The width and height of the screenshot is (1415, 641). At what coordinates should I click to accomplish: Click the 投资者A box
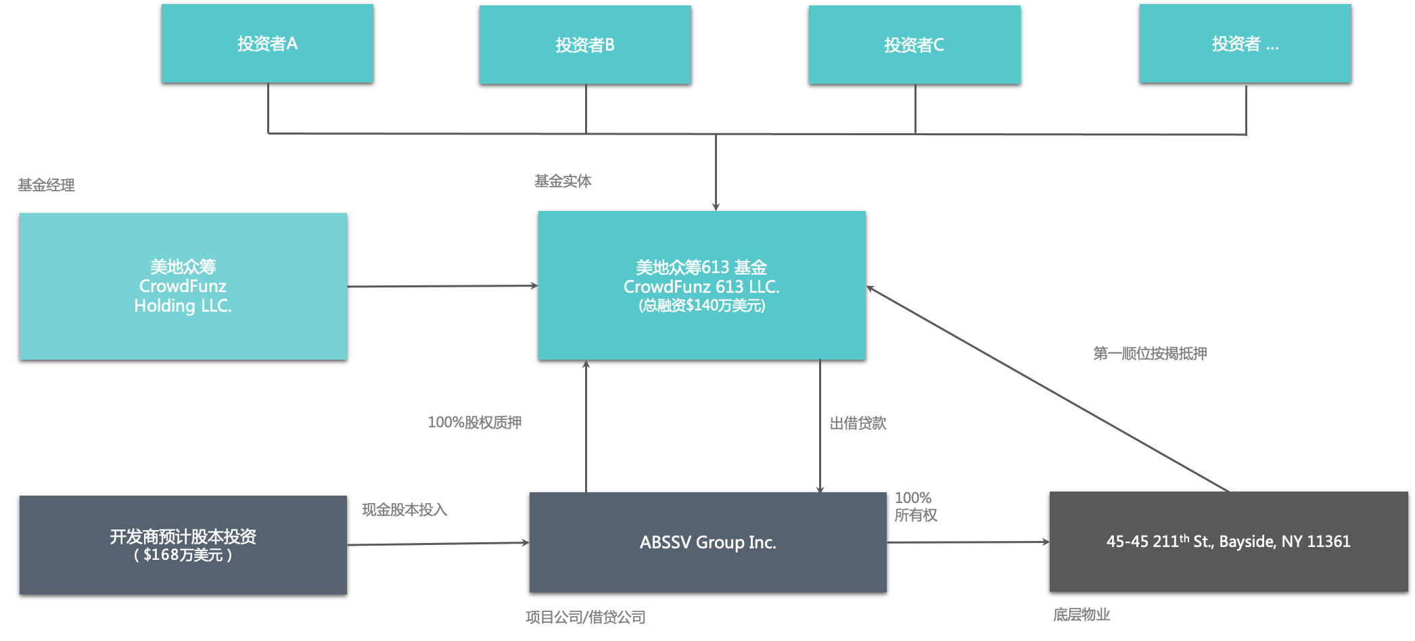pos(267,43)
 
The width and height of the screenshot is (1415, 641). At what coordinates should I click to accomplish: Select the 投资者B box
pos(585,45)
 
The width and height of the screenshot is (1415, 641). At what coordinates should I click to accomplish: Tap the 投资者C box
pos(914,45)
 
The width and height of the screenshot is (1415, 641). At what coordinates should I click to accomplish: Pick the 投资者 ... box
pos(1245,43)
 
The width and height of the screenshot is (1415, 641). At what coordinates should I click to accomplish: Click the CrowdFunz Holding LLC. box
pos(183,286)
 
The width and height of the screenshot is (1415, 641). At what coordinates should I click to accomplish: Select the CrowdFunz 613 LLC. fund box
pos(701,285)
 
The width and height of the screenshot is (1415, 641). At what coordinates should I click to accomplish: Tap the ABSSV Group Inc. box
pos(707,542)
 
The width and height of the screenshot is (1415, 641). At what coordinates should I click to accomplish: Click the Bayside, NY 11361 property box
pos(1228,542)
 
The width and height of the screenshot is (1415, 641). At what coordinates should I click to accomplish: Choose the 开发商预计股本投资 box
pos(183,545)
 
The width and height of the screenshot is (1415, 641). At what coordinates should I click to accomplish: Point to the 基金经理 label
pos(46,185)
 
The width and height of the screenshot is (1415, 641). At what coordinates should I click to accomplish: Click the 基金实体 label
pos(563,181)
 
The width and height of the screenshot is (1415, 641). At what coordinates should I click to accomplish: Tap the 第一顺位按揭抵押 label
pos(1150,353)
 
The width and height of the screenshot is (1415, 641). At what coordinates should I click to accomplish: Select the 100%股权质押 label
pos(475,423)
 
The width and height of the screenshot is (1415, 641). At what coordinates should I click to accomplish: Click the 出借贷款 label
pos(858,423)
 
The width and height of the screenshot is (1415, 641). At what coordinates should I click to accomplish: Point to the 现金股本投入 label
pos(404,510)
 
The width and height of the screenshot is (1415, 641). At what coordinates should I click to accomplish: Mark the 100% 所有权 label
pos(915,506)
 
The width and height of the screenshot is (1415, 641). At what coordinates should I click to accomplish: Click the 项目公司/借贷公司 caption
pos(585,617)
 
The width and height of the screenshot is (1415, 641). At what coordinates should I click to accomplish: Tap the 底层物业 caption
pos(1082,614)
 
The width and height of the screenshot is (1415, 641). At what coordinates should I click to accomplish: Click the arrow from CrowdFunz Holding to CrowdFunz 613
pos(442,286)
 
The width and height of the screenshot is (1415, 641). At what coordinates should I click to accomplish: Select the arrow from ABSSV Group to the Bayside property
pos(968,542)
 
